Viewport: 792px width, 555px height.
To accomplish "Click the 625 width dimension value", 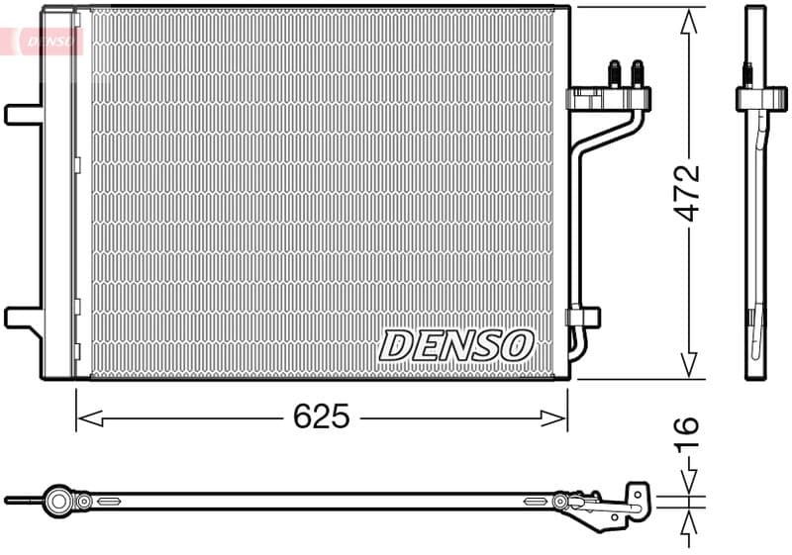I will coord(322,417).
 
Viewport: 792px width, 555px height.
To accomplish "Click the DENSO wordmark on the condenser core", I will coord(456,345).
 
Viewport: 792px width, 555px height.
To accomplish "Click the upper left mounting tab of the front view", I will coord(22,114).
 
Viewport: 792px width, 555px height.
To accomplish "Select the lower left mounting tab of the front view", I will coord(22,317).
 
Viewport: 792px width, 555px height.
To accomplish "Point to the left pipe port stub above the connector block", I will coord(614,74).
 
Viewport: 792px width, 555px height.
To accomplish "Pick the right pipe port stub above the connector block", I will coord(637,74).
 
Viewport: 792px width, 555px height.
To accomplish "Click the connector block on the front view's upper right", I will coord(609,99).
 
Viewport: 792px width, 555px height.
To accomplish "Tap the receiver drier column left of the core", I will coord(58,193).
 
